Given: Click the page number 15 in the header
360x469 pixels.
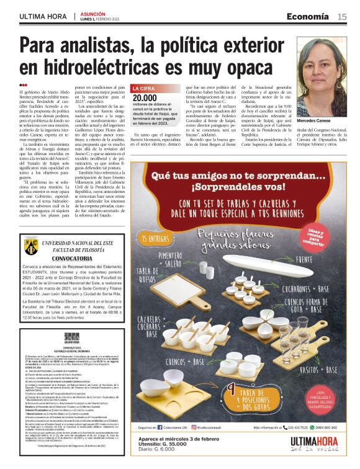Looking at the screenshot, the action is click(342, 17).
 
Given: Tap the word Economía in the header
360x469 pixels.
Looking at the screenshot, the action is click(312, 17).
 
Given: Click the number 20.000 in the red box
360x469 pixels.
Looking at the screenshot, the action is click(145, 98).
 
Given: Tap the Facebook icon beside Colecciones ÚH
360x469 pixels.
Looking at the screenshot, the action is click(160, 427).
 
